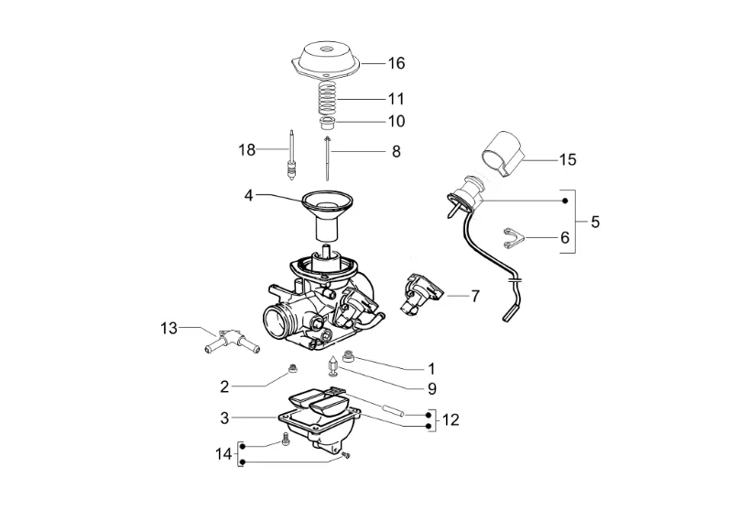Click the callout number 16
point(396,63)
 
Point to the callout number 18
point(247,150)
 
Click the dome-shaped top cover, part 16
point(326,60)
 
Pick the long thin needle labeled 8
point(327,158)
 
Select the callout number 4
point(248,195)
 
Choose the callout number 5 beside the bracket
point(595,222)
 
